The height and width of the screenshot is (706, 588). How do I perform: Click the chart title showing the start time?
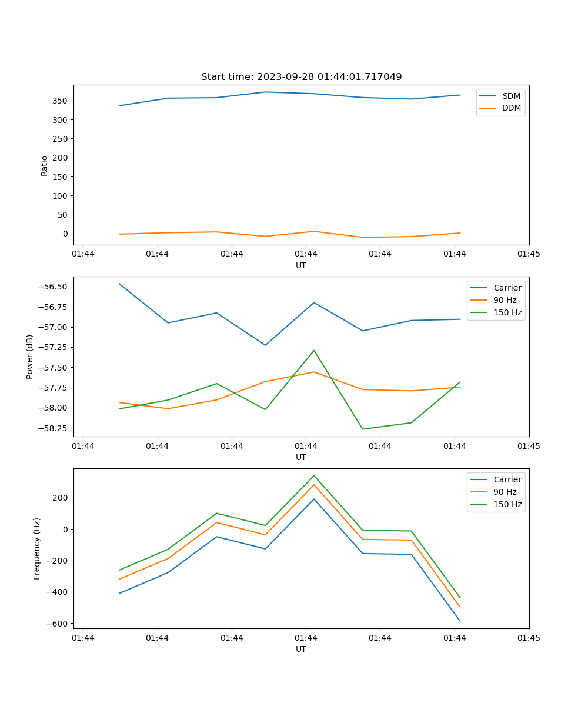[x=301, y=77]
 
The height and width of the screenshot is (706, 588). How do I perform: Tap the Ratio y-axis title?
[x=45, y=165]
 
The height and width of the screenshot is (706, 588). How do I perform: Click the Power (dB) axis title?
[x=30, y=357]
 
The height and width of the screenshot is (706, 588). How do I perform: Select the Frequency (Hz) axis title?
[x=37, y=548]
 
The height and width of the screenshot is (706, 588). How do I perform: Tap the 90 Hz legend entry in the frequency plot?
[x=505, y=492]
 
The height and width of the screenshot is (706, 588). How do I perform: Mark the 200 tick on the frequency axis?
[x=61, y=498]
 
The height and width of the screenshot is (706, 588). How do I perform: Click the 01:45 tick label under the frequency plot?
[x=528, y=638]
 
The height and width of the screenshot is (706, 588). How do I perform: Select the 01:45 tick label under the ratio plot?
[x=528, y=254]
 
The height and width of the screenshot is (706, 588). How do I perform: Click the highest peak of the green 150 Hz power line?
[x=314, y=351]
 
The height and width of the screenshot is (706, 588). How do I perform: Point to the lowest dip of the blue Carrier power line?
[x=265, y=345]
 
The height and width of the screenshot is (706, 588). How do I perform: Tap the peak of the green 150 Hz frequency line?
[x=314, y=475]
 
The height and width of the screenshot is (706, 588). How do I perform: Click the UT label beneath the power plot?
[x=301, y=457]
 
